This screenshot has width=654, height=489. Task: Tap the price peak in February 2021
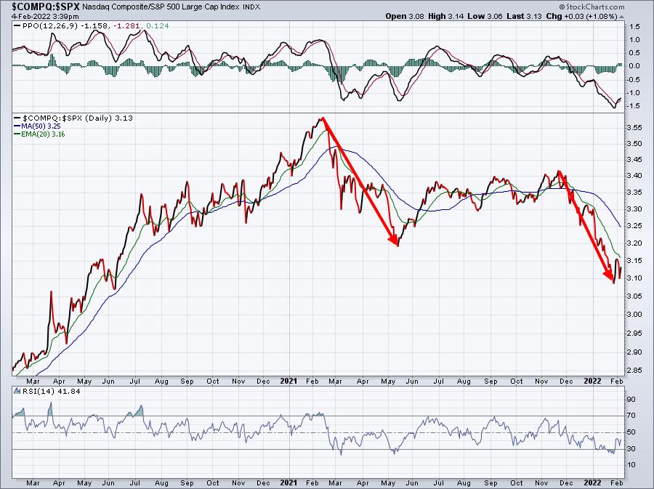320,118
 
